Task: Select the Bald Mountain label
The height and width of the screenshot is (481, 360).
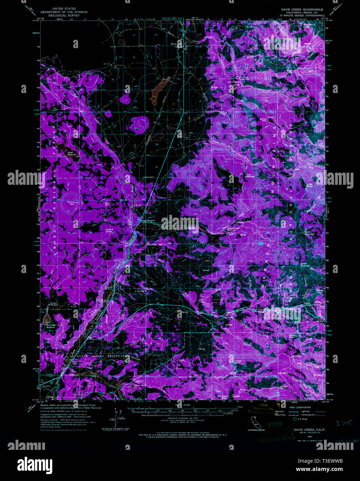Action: [309, 233]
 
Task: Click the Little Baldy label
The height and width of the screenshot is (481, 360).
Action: [309, 185]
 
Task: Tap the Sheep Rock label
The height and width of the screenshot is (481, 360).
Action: [237, 362]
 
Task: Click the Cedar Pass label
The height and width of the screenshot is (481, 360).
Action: [307, 303]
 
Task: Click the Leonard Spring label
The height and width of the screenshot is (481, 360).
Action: [109, 230]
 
